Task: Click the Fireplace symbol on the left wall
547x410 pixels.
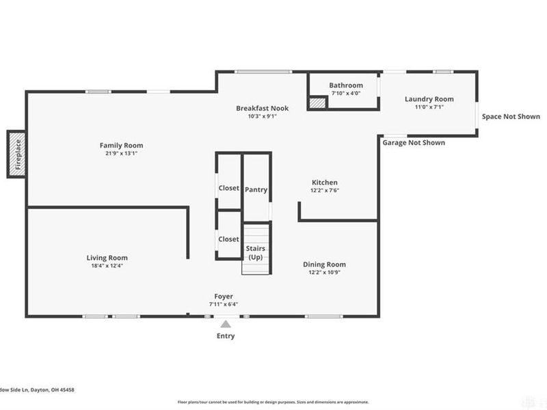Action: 17,154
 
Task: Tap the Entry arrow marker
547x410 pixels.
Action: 226,325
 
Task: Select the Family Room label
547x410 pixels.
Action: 121,145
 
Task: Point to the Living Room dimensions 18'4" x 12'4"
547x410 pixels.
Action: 107,266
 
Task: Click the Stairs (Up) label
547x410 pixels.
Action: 256,252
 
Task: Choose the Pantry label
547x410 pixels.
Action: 256,190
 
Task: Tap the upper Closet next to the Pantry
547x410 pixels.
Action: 228,188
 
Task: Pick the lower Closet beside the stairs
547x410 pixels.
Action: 228,239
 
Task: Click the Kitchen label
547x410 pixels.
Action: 325,182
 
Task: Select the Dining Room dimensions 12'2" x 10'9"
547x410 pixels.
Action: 325,273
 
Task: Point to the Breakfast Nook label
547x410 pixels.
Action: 263,108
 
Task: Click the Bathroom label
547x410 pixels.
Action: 345,85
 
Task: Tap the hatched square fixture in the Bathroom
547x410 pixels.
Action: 316,102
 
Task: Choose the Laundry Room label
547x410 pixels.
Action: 429,99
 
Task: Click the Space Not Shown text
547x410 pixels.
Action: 511,117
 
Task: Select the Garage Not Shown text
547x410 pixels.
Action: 414,143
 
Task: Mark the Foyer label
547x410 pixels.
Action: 224,296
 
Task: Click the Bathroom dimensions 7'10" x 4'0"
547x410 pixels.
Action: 345,94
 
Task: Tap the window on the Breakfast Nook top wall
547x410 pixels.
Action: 254,72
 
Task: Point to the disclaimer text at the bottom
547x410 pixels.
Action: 273,402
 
